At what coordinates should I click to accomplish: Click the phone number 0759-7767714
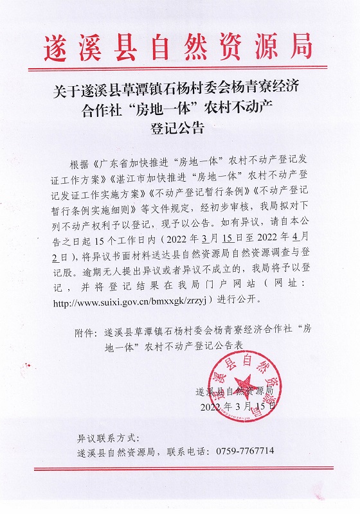(x=248, y=451)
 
